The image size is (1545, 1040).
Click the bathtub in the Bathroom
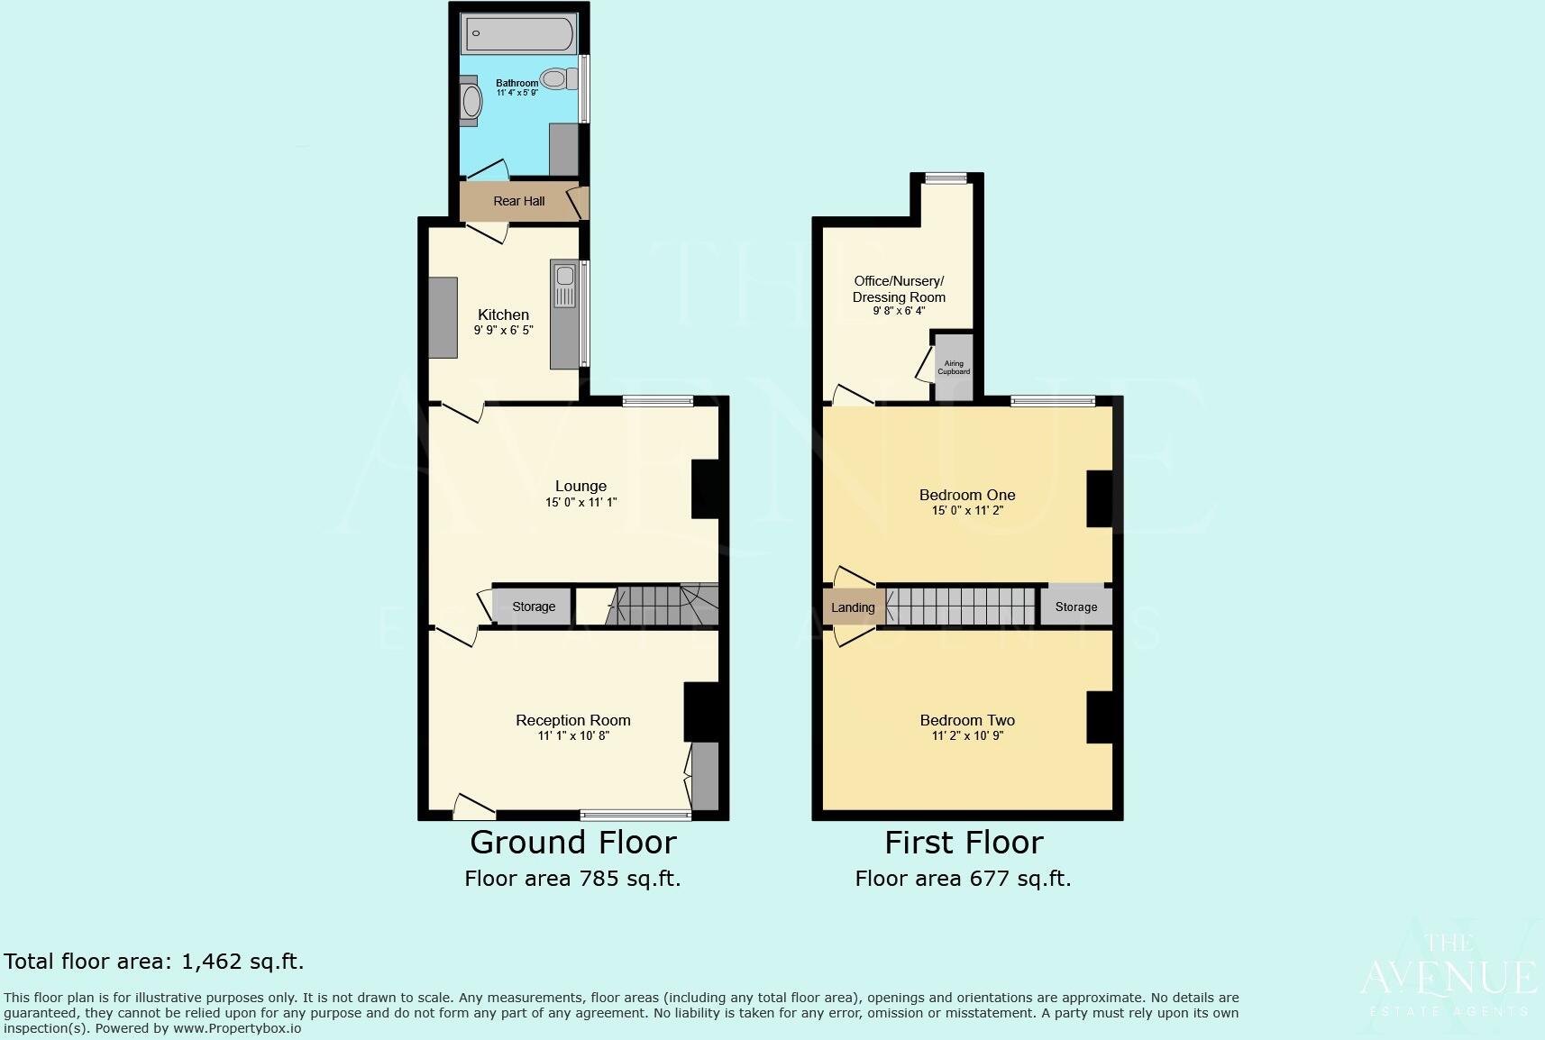tap(518, 33)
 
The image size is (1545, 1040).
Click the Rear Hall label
tap(519, 201)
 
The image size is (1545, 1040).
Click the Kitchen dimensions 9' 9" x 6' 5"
tap(504, 331)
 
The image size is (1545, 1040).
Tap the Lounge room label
tap(581, 486)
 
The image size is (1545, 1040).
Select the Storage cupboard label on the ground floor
tap(534, 607)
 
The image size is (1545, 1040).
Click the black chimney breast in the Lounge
tap(705, 489)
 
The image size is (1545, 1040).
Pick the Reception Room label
tap(573, 720)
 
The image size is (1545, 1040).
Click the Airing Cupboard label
tap(954, 368)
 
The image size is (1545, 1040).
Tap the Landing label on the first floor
tap(853, 607)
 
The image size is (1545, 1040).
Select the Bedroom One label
tap(967, 495)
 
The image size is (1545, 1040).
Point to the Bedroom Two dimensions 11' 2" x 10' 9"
tap(967, 736)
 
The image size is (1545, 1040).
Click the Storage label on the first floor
tap(1076, 607)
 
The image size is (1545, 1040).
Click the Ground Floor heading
tap(573, 843)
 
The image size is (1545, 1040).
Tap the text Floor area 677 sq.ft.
tap(963, 879)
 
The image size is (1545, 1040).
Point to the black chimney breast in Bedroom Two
tap(1100, 717)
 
